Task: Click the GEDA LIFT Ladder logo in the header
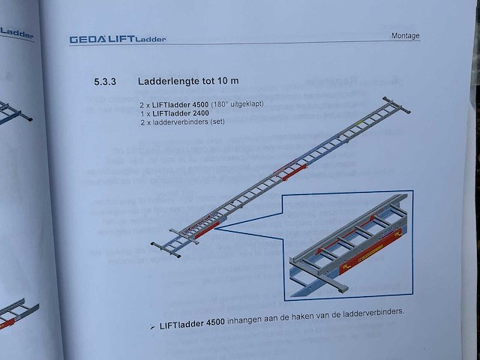click(118, 39)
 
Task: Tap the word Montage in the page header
click(406, 36)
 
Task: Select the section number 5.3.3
click(107, 81)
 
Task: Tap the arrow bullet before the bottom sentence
click(152, 328)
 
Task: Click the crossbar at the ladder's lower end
click(166, 248)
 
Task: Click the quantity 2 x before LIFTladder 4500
click(146, 105)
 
